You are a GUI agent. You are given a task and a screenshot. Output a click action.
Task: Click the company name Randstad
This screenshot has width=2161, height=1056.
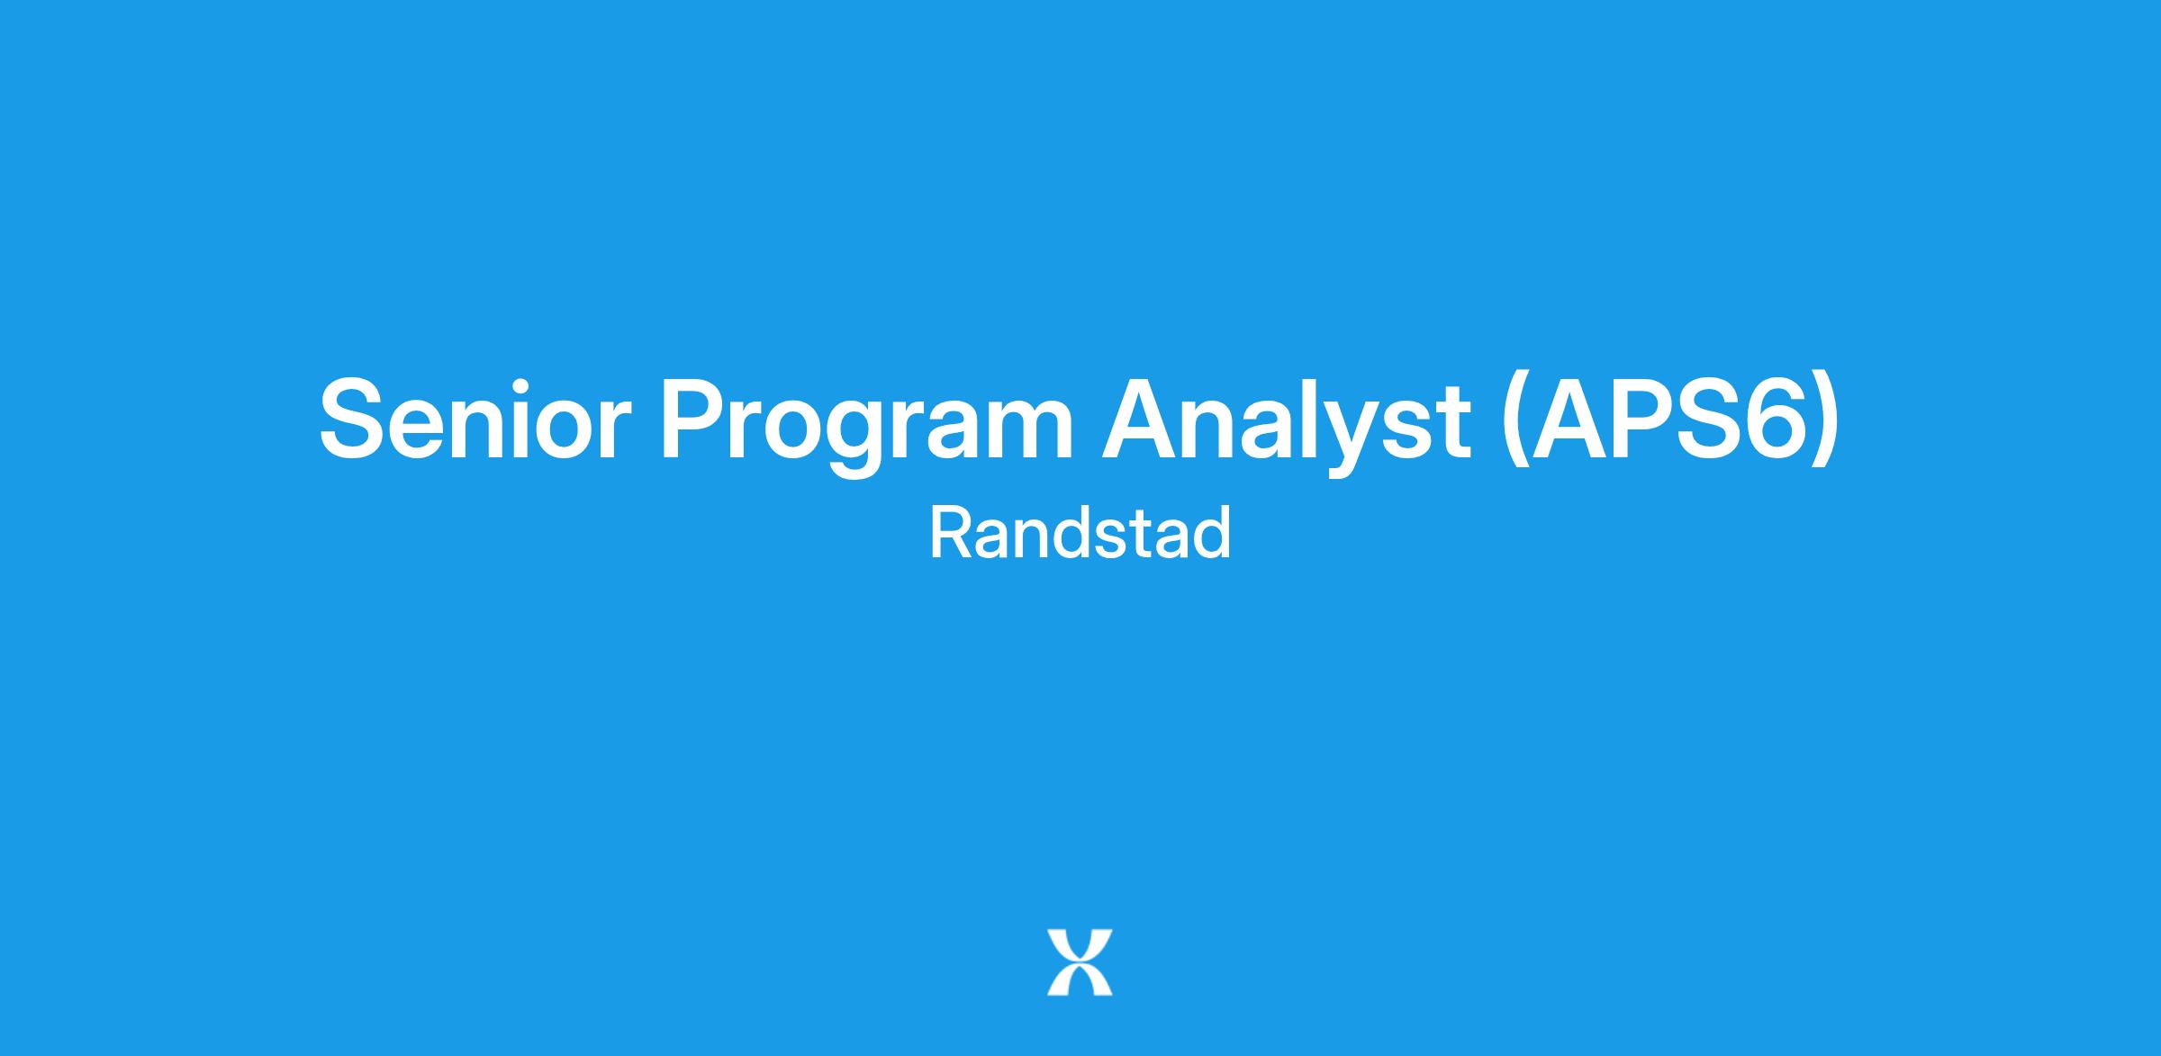(1080, 533)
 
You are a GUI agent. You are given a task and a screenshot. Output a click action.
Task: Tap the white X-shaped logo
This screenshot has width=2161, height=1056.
(1080, 962)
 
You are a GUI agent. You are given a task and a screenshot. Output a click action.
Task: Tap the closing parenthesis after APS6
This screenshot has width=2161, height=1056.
(1825, 423)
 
